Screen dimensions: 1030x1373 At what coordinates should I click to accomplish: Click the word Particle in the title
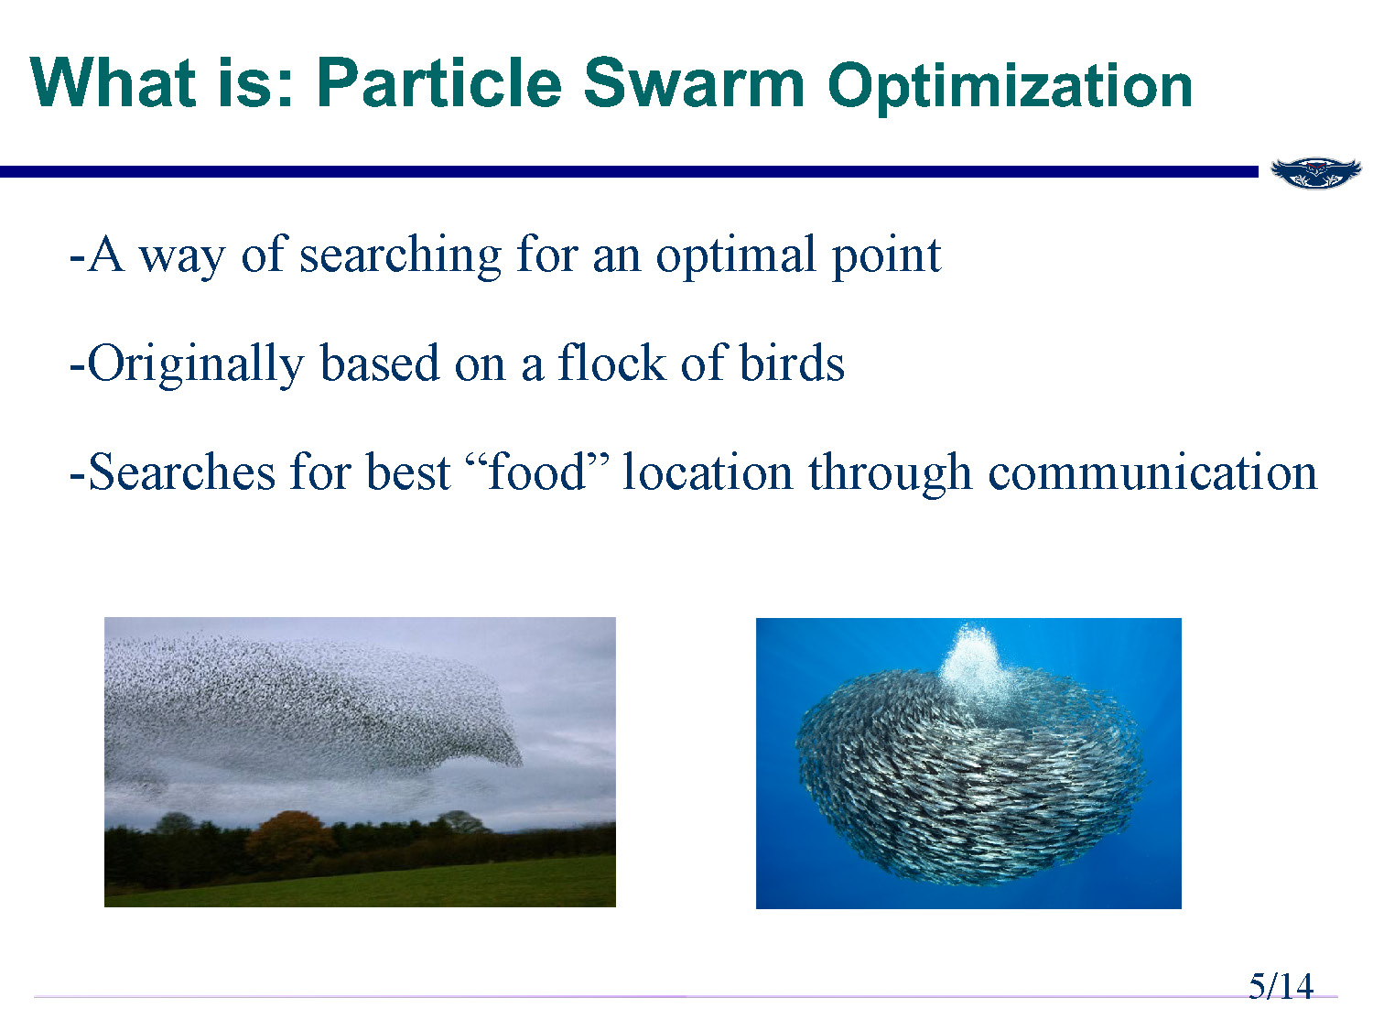click(x=439, y=83)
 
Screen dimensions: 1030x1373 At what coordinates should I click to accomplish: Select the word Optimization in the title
click(x=1010, y=87)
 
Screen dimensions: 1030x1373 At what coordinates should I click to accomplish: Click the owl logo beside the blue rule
click(x=1315, y=172)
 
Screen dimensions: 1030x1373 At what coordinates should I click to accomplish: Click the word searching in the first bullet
click(x=401, y=256)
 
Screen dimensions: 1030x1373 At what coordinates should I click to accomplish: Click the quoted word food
click(x=536, y=472)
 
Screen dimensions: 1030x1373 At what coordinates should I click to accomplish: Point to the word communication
click(x=1152, y=472)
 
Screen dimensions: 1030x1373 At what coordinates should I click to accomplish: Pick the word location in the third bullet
click(x=707, y=472)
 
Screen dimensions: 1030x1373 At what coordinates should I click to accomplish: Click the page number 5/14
click(x=1281, y=986)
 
